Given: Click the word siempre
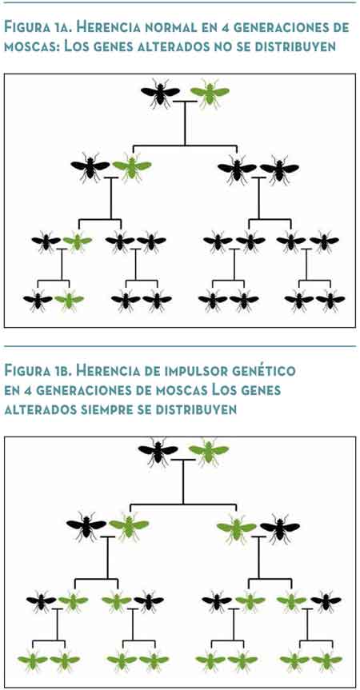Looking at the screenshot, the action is pyautogui.click(x=110, y=409).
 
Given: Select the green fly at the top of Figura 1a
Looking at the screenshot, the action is pyautogui.click(x=210, y=94).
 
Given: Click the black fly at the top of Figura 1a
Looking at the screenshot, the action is pyautogui.click(x=160, y=94).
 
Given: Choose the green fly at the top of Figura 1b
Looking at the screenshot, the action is pyautogui.click(x=209, y=452).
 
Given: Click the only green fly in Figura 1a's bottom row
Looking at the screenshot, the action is pyautogui.click(x=69, y=301).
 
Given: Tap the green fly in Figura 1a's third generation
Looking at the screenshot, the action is pyautogui.click(x=78, y=241).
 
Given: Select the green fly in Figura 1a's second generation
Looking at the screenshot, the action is pyautogui.click(x=131, y=167).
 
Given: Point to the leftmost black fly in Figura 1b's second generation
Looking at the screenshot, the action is pyautogui.click(x=86, y=526).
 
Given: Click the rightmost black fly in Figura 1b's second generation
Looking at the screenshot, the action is pyautogui.click(x=280, y=526).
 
